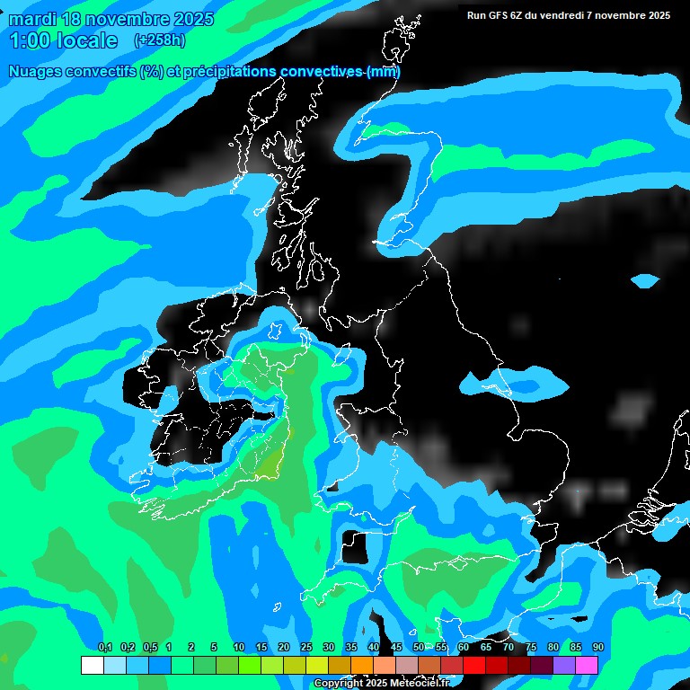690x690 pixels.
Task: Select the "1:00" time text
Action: tap(29, 40)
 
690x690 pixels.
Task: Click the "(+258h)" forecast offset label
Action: tap(160, 40)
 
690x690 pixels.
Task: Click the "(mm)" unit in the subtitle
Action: tap(384, 72)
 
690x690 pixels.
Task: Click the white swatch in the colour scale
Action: tap(92, 665)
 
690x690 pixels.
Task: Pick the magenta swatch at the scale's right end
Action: tap(587, 665)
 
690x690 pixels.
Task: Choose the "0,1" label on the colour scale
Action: tap(105, 648)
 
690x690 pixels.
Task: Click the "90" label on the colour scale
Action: tap(597, 648)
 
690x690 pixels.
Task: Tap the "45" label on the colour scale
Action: tap(396, 648)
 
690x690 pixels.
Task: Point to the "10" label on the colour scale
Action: tap(238, 648)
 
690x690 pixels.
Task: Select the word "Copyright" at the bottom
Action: tap(339, 684)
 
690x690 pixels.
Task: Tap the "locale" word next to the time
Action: tap(85, 40)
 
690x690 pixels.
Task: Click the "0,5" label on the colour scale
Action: tap(149, 648)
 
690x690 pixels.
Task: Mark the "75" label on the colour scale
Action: tap(531, 648)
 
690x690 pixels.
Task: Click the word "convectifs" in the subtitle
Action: tap(98, 72)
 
